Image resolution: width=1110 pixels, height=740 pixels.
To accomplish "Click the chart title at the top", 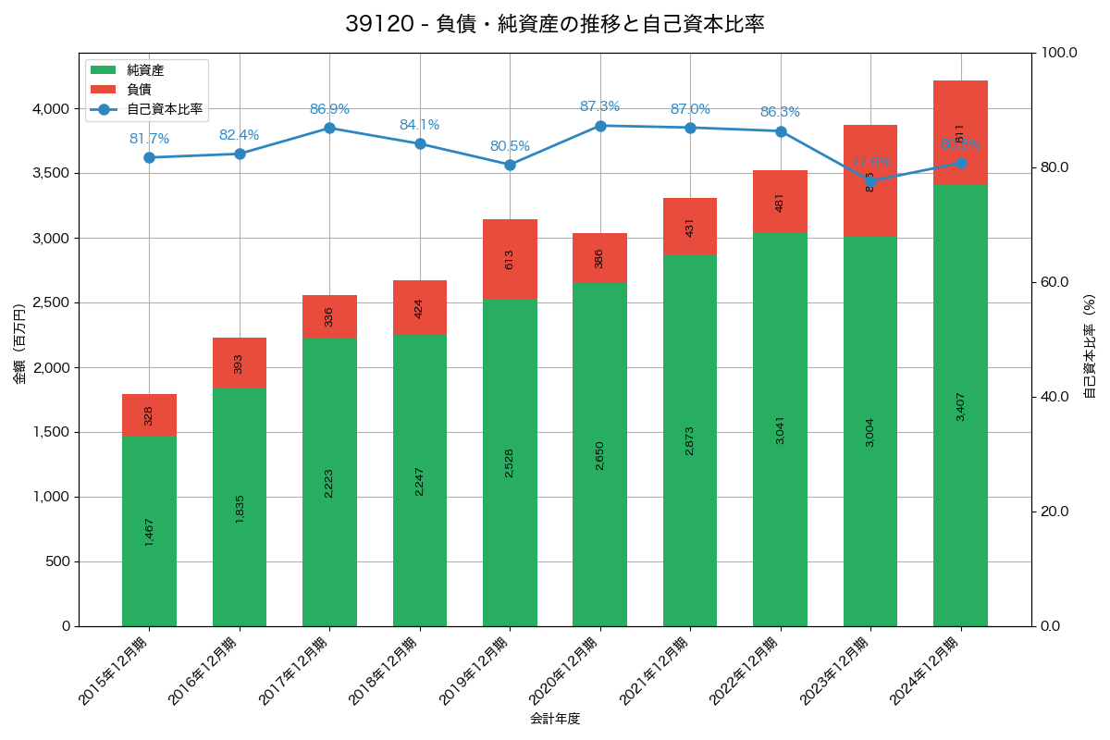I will click(555, 24).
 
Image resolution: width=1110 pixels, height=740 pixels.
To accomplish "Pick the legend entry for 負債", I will click(140, 89).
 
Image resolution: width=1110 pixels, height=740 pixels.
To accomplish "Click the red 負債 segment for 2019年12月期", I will click(510, 259).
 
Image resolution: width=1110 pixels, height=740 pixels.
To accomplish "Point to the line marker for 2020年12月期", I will click(600, 126).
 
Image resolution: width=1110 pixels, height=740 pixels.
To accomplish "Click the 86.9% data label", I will click(329, 109).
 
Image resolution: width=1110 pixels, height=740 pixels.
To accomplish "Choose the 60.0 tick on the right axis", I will click(1057, 282).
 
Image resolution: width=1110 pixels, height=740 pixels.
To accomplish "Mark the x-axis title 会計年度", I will click(555, 719).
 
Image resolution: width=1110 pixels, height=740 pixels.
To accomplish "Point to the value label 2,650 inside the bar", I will click(599, 454).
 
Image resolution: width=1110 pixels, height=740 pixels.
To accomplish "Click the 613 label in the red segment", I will click(510, 259).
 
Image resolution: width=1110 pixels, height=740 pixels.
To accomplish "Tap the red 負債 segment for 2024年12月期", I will click(960, 132).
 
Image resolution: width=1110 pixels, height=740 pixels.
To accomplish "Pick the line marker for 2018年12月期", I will click(420, 143).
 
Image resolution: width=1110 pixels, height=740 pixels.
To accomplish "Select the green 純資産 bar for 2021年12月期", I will click(690, 440).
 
